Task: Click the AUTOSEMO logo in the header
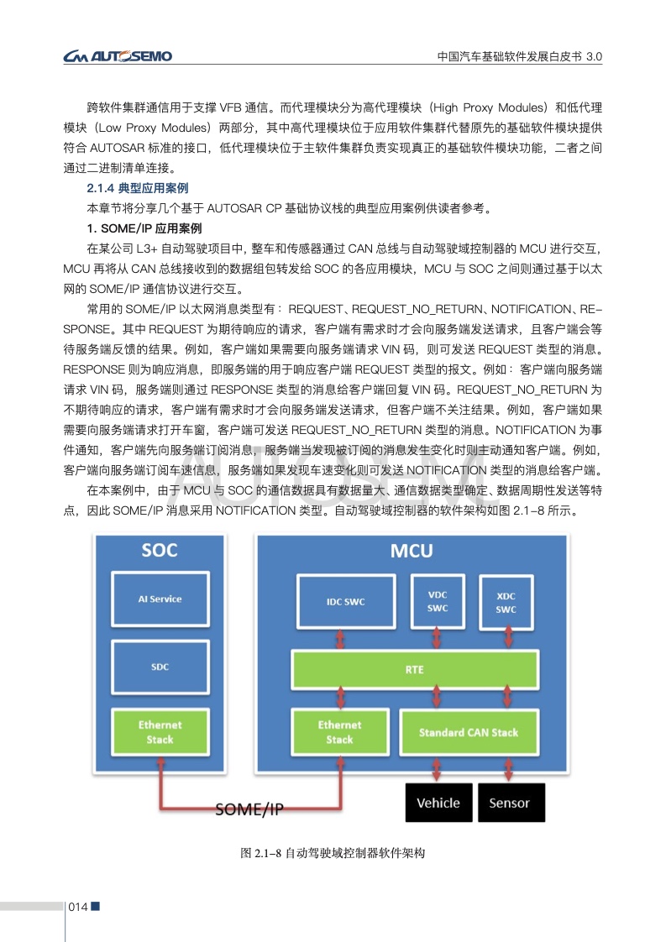(118, 56)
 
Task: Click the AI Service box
(160, 599)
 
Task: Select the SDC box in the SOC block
(160, 667)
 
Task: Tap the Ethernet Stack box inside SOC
(160, 732)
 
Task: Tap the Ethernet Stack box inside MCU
(339, 732)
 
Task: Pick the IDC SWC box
(345, 602)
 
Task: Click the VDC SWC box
(437, 601)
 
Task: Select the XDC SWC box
(506, 602)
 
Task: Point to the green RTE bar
(414, 670)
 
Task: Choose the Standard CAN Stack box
(469, 732)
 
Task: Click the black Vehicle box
(438, 803)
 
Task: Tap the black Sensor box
(510, 803)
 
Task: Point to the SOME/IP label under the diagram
(249, 809)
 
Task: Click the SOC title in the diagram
(160, 551)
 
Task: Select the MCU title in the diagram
(412, 551)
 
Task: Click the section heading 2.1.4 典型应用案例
(138, 187)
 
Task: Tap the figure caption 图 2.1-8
(333, 853)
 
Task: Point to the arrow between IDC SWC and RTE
(340, 640)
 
